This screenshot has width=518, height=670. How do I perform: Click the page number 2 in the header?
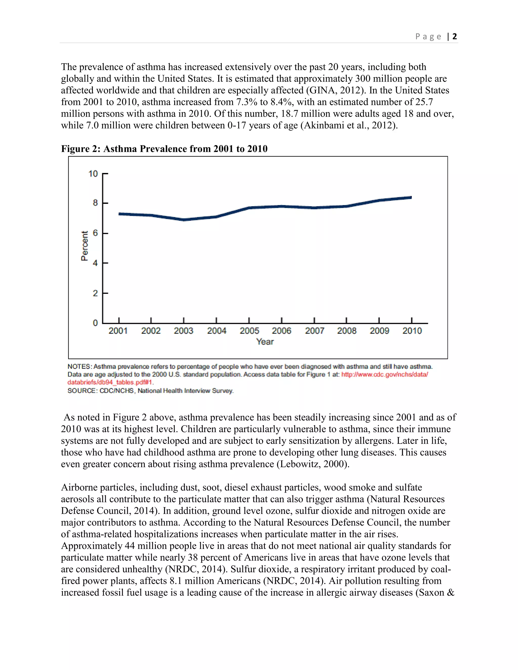coord(455,36)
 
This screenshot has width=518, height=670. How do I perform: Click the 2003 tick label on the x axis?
coord(184,331)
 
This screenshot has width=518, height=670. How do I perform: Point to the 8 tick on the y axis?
coord(95,203)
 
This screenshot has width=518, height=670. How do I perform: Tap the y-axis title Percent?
coord(84,246)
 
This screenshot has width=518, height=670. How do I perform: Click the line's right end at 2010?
coord(411,197)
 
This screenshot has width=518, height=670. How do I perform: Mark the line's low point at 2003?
coord(184,220)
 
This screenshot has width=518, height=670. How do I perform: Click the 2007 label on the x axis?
coord(315,331)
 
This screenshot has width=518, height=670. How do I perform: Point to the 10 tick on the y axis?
coord(93,174)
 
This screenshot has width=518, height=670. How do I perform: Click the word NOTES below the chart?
coord(79,367)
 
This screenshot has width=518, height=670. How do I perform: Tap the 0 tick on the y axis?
coord(95,323)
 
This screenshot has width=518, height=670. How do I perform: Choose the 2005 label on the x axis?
coord(249,331)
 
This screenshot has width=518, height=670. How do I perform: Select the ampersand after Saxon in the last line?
coord(450,592)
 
